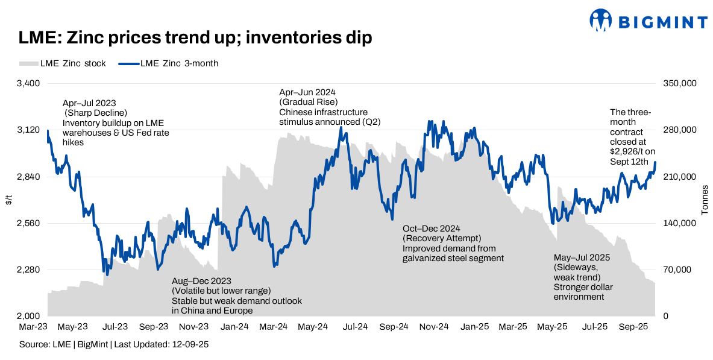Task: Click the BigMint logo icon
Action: click(x=601, y=21)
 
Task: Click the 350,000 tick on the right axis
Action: click(x=680, y=84)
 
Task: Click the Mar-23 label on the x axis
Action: click(x=32, y=326)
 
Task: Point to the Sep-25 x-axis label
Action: click(x=633, y=326)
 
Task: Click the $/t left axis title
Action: click(x=8, y=200)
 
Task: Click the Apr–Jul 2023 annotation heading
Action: click(x=89, y=103)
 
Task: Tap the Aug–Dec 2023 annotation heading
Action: click(x=201, y=281)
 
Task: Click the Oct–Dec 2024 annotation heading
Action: click(x=431, y=229)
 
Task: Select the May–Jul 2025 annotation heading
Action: click(x=582, y=257)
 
